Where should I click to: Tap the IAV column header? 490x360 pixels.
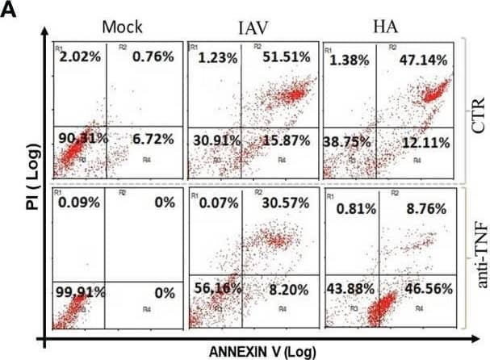pyautogui.click(x=255, y=27)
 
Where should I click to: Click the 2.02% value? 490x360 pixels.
pyautogui.click(x=80, y=57)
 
